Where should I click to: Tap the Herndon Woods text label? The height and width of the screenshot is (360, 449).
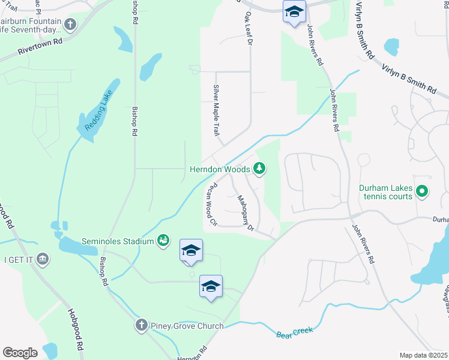[x=219, y=170]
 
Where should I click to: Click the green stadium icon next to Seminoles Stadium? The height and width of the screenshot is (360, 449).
[x=163, y=241]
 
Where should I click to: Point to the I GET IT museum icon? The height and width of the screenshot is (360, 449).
[x=43, y=259]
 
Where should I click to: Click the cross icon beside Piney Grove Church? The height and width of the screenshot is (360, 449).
[x=141, y=326]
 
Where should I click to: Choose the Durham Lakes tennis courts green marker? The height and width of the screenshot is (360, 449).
[x=422, y=191]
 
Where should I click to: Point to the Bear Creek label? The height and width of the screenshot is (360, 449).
[x=295, y=332]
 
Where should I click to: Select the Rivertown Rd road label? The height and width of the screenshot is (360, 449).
[x=40, y=43]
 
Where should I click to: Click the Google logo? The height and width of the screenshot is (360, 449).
[x=20, y=353]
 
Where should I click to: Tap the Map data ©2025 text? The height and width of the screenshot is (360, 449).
[x=423, y=355]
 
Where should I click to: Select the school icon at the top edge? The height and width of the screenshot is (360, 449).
[x=294, y=12]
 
